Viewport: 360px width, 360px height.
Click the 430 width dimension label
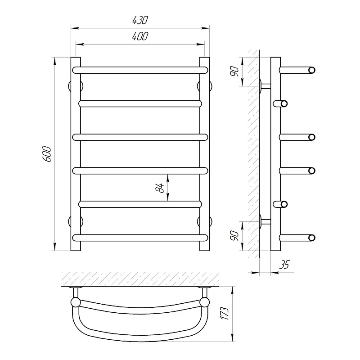tap(140, 20)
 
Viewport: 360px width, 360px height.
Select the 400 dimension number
tap(140, 36)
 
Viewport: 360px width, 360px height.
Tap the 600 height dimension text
tap(47, 154)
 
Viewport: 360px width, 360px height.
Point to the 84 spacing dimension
tap(160, 188)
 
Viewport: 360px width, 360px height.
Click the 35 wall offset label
tap(285, 265)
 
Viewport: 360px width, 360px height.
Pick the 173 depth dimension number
tap(225, 313)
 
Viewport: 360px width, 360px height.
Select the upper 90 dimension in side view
tap(234, 72)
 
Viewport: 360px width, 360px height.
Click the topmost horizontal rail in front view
tap(140, 70)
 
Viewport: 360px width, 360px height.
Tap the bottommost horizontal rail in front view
tap(140, 238)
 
